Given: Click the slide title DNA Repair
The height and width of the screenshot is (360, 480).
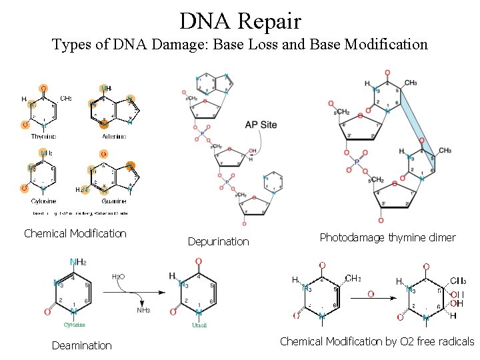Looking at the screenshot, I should tap(240, 21).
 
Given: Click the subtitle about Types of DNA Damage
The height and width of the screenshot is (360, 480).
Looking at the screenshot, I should tap(240, 45).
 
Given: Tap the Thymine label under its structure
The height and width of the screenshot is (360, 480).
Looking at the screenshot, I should tap(44, 136).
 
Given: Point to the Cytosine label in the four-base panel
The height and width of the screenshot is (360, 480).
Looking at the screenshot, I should tap(43, 201).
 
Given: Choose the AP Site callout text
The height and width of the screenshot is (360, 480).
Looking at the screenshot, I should tap(261, 125).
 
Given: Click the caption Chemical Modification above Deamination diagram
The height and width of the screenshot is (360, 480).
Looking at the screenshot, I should tap(75, 233).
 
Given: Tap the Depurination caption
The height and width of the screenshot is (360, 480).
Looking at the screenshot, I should tap(218, 241).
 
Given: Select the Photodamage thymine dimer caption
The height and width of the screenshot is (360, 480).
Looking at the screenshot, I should tap(387, 237).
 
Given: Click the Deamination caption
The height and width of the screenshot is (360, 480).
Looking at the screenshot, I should tap(82, 345).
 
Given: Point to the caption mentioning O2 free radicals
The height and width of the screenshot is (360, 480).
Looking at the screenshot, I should tap(377, 341).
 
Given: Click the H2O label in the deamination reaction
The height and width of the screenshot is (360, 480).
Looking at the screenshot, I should tap(119, 277).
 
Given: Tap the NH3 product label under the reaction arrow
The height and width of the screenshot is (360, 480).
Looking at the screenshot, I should tap(143, 310).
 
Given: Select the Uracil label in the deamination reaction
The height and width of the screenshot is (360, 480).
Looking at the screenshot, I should tap(199, 325).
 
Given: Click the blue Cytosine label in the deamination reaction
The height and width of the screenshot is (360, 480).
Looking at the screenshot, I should tap(74, 325).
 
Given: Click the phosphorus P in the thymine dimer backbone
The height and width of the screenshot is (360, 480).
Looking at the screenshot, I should tap(357, 161).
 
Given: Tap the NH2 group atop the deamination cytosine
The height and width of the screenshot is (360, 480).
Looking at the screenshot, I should tap(78, 262).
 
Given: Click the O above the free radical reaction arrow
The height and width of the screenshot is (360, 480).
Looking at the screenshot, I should tap(370, 294).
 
